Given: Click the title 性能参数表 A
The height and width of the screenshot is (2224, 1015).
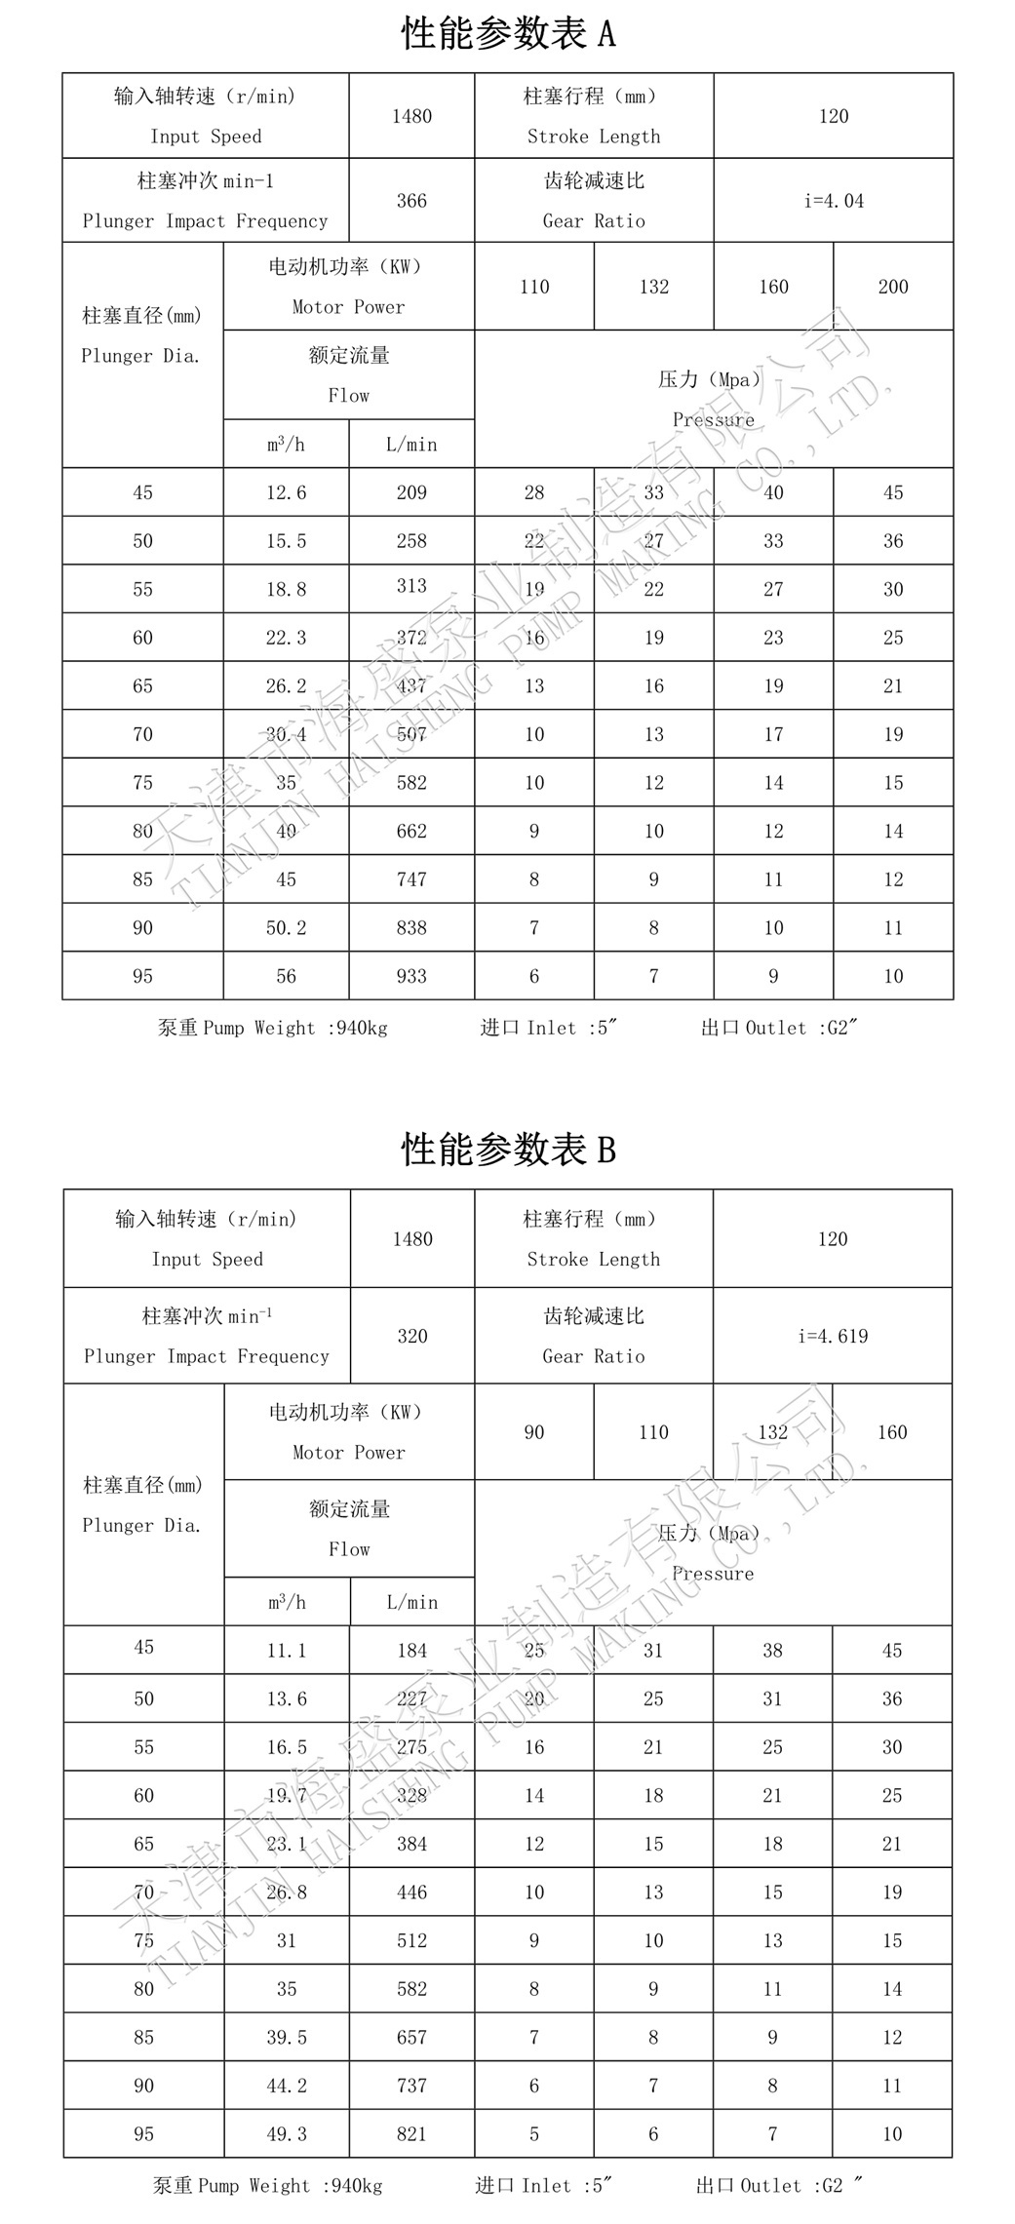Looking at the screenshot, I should point(508,34).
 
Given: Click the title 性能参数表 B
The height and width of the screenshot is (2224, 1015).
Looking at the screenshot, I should point(508,1150).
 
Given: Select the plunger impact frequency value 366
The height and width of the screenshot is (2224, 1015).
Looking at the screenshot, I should point(411,201).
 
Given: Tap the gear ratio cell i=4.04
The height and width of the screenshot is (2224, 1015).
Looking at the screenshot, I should point(834,201).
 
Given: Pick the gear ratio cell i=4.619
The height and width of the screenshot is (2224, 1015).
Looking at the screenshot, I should point(833,1336).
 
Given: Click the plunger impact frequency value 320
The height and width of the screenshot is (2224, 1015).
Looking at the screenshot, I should point(411,1336).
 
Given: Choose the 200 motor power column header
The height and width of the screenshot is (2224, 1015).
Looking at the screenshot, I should point(893,287).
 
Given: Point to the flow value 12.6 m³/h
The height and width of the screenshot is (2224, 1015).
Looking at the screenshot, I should point(286,492).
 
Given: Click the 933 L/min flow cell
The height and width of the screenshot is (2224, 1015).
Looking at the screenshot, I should point(411,976).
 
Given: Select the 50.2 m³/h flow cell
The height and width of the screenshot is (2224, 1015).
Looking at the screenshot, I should point(286,927).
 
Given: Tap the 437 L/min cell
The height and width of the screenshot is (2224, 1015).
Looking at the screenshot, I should point(411,685).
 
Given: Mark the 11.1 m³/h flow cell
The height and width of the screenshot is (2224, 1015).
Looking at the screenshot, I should point(287,1650).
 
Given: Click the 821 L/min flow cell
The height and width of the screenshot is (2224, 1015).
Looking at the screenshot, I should point(411,2133).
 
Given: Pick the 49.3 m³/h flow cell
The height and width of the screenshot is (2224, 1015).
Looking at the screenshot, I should point(287,2133).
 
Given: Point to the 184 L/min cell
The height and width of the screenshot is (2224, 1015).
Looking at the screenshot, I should point(411,1650).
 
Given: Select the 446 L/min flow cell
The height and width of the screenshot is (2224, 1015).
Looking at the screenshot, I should point(411,1892).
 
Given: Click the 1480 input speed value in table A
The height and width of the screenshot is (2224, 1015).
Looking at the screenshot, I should point(411,116).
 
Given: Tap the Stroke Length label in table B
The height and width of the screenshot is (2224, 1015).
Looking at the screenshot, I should point(593,1259).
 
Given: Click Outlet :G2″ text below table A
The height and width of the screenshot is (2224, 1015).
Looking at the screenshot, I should point(779,1028).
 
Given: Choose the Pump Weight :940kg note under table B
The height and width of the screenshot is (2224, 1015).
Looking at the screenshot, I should point(268,2186).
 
